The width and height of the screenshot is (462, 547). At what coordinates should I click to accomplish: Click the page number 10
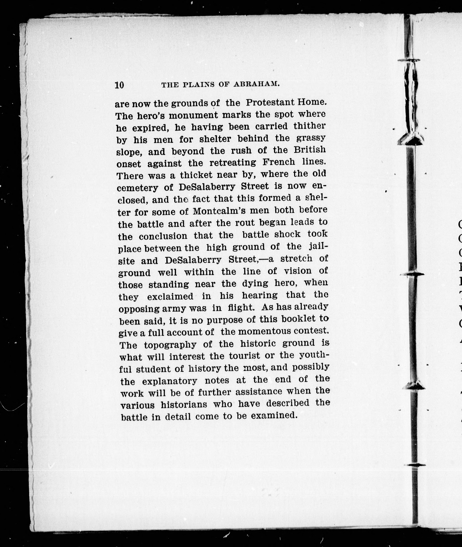[119, 85]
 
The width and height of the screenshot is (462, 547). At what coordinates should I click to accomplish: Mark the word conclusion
[163, 236]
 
